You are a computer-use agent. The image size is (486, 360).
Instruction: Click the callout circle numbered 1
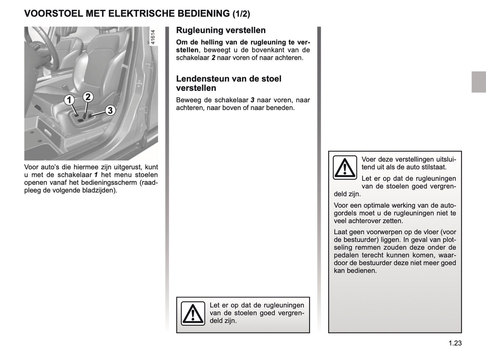(x=69, y=100)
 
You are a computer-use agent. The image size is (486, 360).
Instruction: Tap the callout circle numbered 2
(x=88, y=97)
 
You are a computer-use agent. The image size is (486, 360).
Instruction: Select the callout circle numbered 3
(x=110, y=110)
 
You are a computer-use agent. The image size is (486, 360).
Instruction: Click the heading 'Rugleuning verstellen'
(x=221, y=30)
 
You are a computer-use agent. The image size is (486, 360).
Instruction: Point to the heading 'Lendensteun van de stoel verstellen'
(x=229, y=83)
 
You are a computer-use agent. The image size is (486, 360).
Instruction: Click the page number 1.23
(x=455, y=343)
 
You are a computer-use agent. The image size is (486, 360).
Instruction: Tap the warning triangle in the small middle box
(x=193, y=314)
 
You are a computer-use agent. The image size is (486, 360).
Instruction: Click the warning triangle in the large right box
(x=345, y=168)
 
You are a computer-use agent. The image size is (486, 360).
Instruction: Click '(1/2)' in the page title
(x=241, y=14)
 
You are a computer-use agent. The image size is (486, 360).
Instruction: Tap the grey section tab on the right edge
(x=479, y=82)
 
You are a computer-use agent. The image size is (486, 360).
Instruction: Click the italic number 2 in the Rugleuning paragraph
(x=213, y=58)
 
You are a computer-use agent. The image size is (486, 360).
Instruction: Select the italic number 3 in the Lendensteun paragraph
(x=252, y=100)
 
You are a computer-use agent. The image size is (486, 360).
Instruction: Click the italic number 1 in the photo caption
(x=96, y=175)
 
